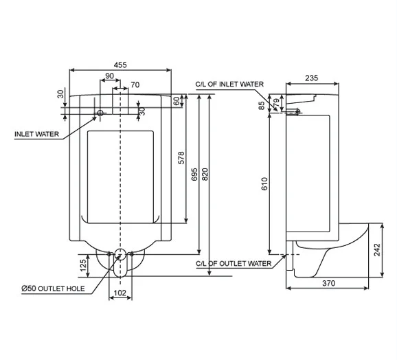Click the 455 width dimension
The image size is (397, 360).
pyautogui.click(x=120, y=65)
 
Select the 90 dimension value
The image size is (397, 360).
pyautogui.click(x=110, y=76)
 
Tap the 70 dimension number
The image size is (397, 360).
pyautogui.click(x=135, y=85)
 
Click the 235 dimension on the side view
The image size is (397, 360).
pyautogui.click(x=311, y=78)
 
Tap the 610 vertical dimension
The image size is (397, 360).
pyautogui.click(x=265, y=184)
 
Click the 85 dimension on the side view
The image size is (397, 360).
pyautogui.click(x=262, y=104)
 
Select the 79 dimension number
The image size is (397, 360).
pyautogui.click(x=277, y=103)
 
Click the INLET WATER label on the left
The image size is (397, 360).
pyautogui.click(x=36, y=134)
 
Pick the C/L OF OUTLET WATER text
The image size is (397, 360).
pyautogui.click(x=232, y=262)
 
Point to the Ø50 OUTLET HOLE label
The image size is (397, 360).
pyautogui.click(x=53, y=288)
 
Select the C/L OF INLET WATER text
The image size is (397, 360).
pyautogui.click(x=229, y=84)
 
